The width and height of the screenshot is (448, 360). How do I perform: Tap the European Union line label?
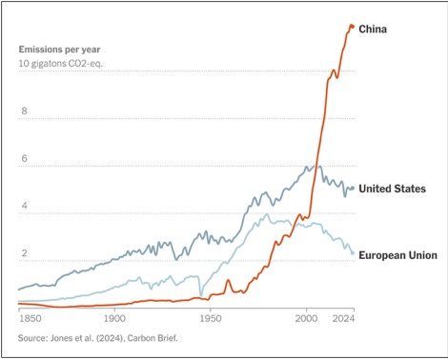(x=397, y=255)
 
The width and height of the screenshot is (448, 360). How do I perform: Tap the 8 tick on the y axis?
(x=23, y=111)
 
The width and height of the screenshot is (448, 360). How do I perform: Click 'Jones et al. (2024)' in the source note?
(x=97, y=338)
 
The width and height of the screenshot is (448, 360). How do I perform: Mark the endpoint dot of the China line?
(x=352, y=26)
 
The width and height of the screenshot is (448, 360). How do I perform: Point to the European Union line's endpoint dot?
(x=353, y=253)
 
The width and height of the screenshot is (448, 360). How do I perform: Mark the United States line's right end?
(x=353, y=189)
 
